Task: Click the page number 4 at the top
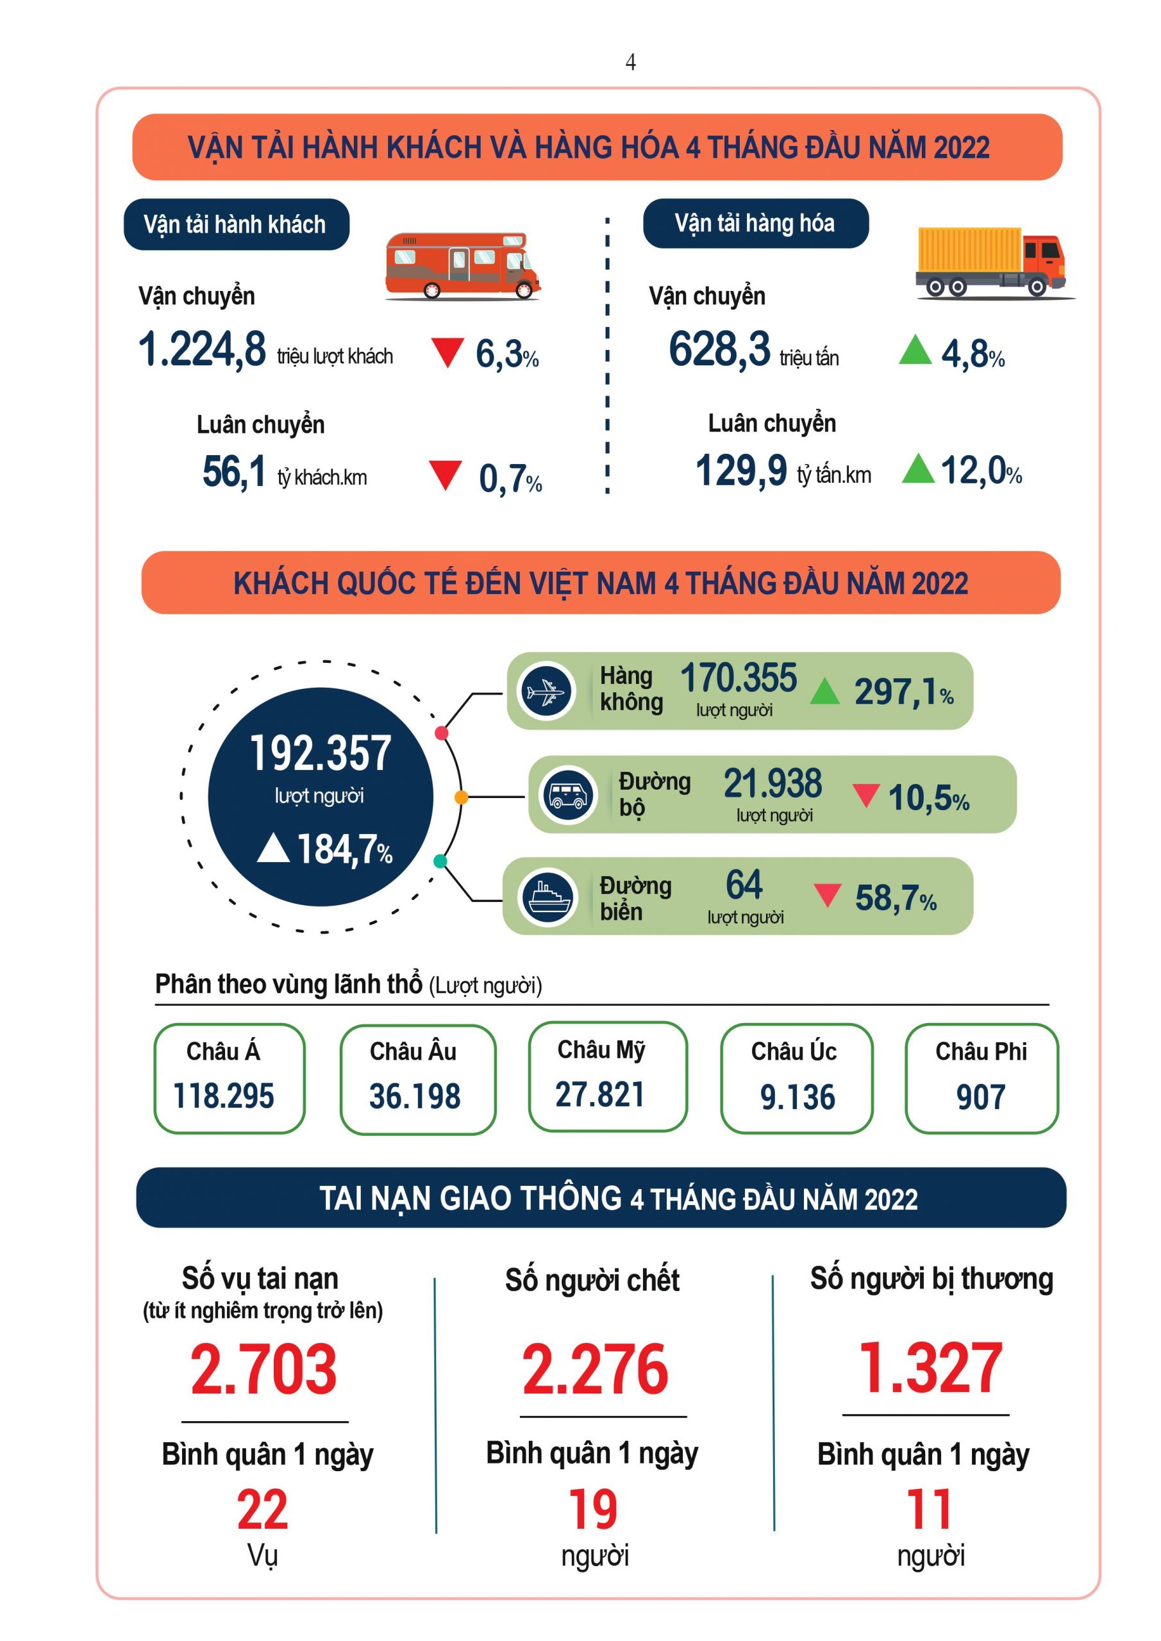[x=630, y=63]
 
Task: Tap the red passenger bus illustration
[x=462, y=265]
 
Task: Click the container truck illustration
[x=992, y=262]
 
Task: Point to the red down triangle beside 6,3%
[x=447, y=353]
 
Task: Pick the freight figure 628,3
[x=719, y=349]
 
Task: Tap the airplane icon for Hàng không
[x=547, y=691]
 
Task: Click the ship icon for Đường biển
[x=547, y=896]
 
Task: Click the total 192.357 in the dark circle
[x=321, y=753]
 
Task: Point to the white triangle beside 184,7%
[x=272, y=849]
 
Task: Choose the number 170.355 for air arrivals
[x=738, y=678]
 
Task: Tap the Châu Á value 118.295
[x=224, y=1095]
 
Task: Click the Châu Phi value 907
[x=981, y=1097]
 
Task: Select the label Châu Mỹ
[x=601, y=1050]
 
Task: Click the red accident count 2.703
[x=263, y=1369]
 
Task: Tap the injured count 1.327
[x=930, y=1368]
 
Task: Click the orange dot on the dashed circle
[x=461, y=797]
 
